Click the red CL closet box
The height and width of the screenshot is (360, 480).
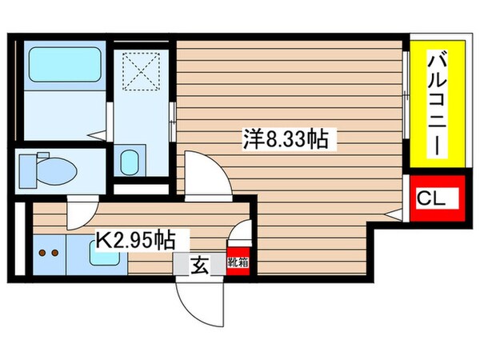click(x=436, y=198)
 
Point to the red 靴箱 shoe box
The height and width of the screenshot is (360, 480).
click(x=238, y=261)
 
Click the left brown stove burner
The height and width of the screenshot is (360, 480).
click(x=40, y=254)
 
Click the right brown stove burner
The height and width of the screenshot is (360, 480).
click(x=54, y=254)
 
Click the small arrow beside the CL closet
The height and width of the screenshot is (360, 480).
click(x=394, y=212)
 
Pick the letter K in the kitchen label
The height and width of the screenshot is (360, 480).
click(x=104, y=238)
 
